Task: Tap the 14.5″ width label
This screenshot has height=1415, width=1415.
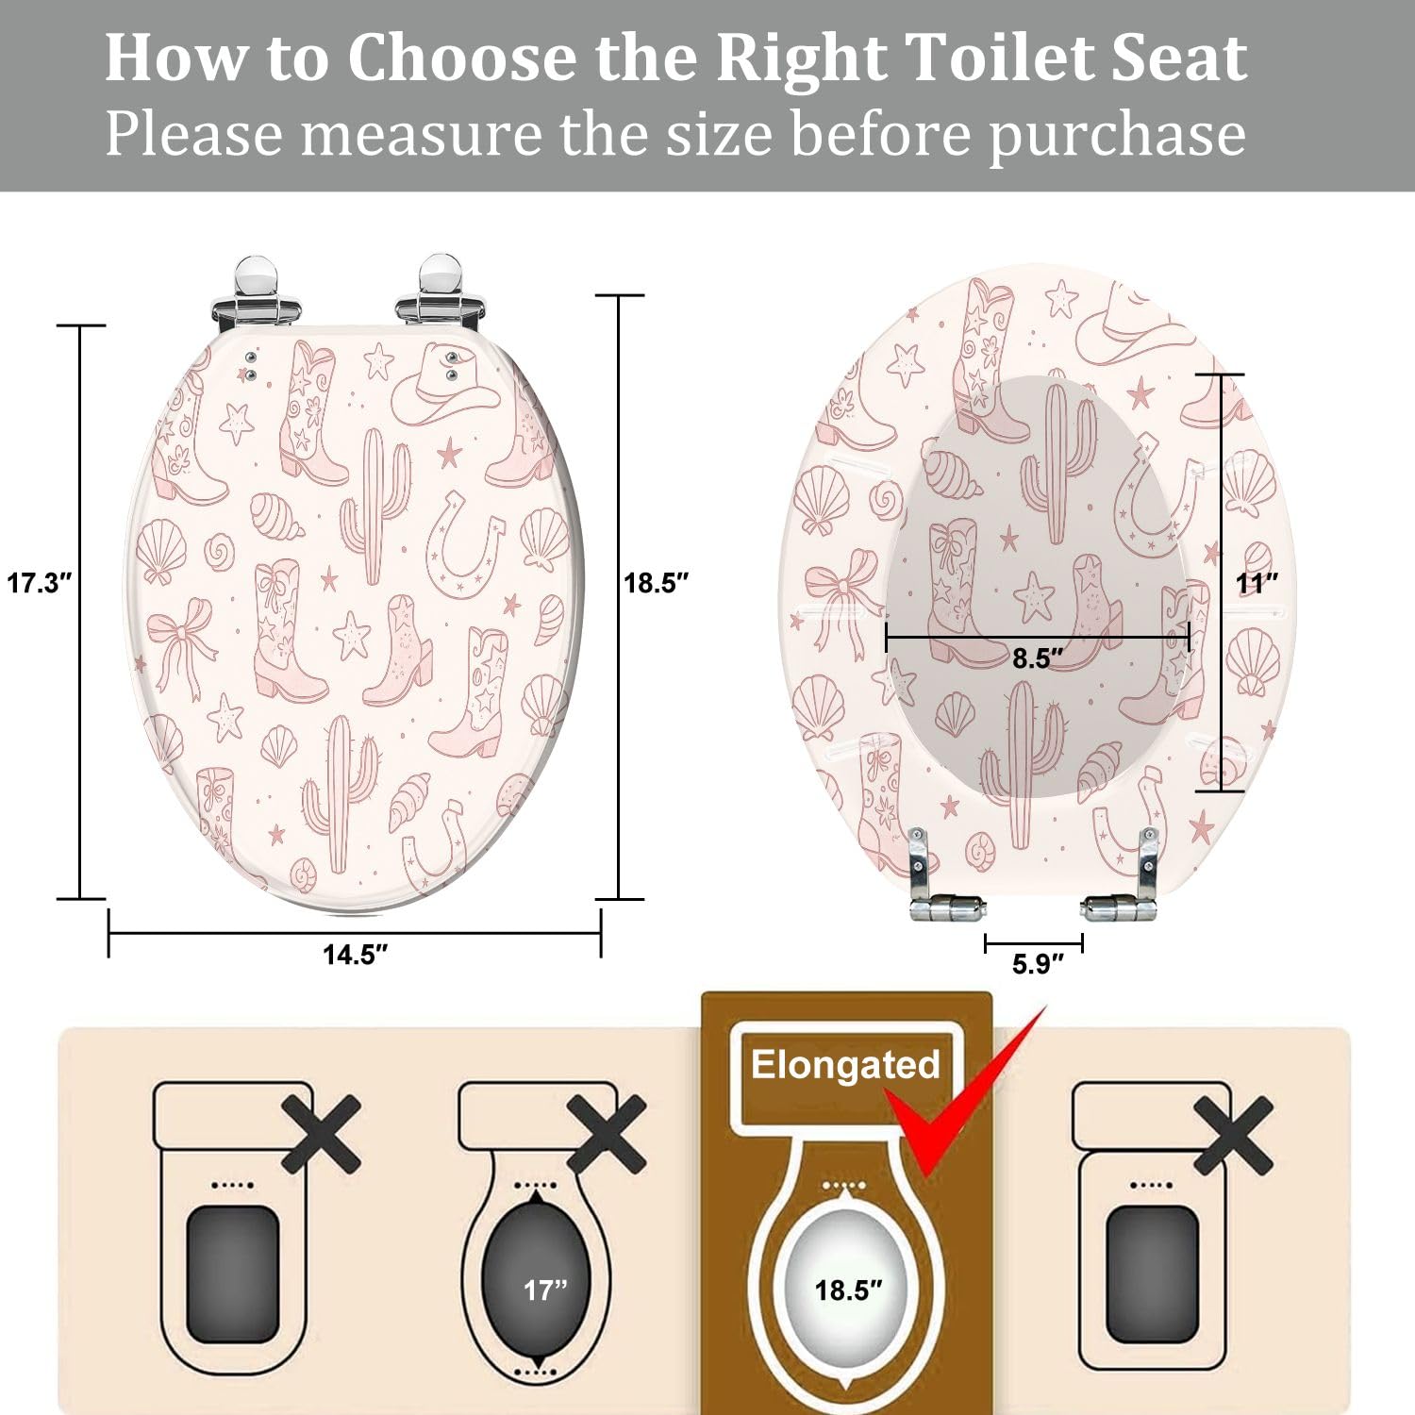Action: (x=355, y=955)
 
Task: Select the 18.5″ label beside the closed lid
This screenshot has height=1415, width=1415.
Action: (x=657, y=583)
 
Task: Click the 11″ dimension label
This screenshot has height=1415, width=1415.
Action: (x=1257, y=583)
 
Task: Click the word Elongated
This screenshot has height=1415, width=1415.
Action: (x=845, y=1065)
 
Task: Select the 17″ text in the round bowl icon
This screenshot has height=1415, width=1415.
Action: (x=545, y=1290)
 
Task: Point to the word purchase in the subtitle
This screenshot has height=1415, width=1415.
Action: (x=1117, y=133)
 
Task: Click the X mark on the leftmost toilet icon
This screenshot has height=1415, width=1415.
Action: (x=321, y=1134)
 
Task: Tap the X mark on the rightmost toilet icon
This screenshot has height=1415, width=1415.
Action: (x=1233, y=1134)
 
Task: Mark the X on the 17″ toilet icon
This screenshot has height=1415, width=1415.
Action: (x=607, y=1134)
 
